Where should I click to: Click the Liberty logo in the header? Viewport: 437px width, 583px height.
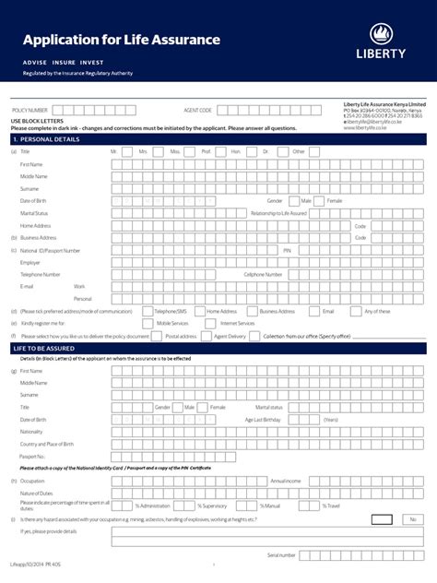[381, 42]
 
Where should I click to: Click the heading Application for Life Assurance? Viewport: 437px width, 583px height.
[122, 40]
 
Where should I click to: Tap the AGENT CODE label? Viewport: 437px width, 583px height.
[198, 110]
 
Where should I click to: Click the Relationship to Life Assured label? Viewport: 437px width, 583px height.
[278, 213]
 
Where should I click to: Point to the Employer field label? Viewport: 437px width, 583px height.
[30, 262]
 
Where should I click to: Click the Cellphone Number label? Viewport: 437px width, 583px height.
[263, 274]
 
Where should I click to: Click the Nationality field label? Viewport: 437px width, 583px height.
[32, 431]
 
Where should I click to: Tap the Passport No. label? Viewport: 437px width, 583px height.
[32, 456]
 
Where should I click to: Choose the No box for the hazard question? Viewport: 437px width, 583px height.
[410, 520]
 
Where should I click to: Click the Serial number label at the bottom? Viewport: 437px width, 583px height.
[281, 554]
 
